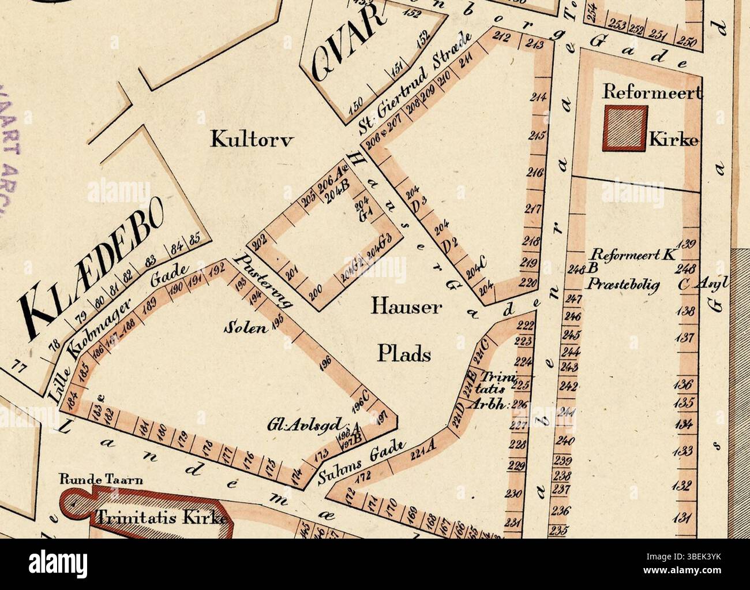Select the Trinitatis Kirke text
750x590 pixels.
159,517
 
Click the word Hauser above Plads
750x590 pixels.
406,307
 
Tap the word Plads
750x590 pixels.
404,353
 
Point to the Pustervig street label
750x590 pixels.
262,281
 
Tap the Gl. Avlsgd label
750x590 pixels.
305,423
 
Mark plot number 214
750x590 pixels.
538,97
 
